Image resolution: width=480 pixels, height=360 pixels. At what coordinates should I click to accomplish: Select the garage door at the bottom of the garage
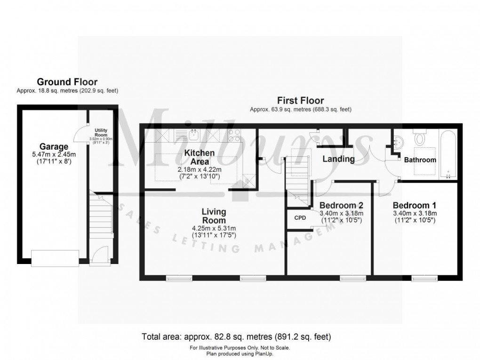click(55, 258)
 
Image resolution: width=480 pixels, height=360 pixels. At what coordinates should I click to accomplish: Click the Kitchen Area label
click(200, 157)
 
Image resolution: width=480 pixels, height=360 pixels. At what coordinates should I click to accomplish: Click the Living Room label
click(214, 216)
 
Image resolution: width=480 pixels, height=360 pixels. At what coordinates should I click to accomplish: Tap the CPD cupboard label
click(300, 218)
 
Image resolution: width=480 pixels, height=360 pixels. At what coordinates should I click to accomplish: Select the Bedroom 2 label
click(341, 205)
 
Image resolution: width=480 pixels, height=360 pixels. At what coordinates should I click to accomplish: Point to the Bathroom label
click(420, 160)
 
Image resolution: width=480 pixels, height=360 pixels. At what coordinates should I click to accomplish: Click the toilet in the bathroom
click(420, 138)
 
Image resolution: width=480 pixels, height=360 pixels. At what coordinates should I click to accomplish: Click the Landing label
click(338, 159)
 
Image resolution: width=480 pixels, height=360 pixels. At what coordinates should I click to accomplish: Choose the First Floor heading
click(300, 100)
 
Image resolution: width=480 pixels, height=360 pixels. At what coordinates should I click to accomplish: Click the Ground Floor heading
click(67, 82)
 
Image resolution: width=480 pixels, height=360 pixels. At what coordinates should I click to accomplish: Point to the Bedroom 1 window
click(425, 279)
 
